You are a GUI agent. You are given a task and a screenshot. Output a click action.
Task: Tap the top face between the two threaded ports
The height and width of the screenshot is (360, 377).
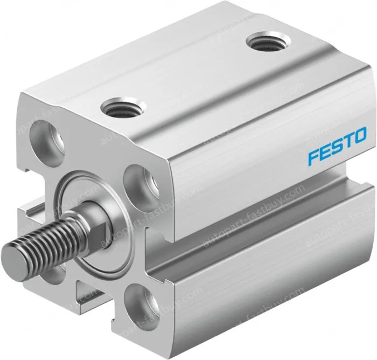coord(188,75)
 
